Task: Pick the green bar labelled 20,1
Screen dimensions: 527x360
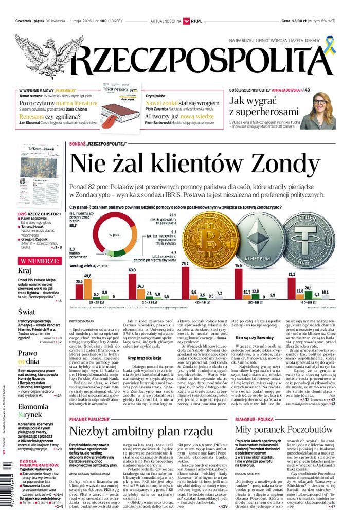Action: point(308,295)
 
